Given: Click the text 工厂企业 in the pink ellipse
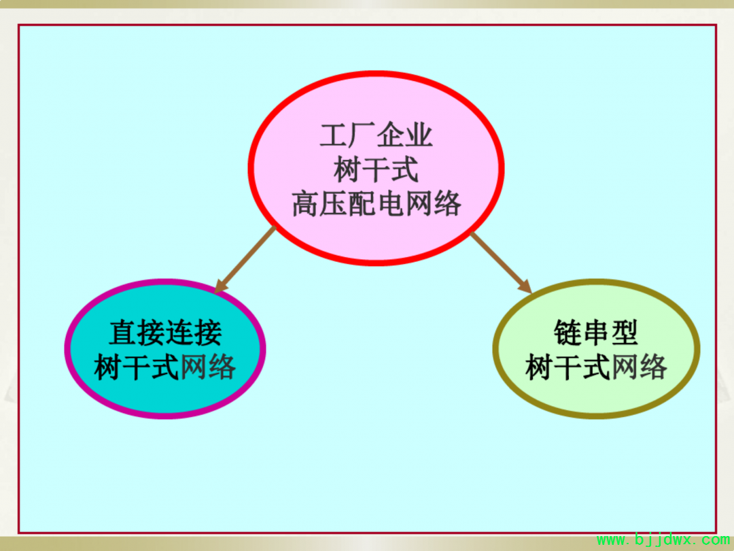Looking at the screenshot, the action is (x=376, y=135).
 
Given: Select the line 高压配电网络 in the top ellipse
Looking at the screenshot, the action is (x=377, y=204).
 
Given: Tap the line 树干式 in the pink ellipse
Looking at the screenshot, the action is (x=376, y=169).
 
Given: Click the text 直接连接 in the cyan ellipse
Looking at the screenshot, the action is (x=166, y=333).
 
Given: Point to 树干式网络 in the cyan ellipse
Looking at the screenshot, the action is (x=165, y=367).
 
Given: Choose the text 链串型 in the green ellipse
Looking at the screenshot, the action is (x=596, y=333).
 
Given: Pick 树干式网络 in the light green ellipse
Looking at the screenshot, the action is (x=596, y=367).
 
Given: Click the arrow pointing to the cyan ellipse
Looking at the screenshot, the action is (x=245, y=260).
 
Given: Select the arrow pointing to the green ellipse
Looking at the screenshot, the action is (x=501, y=263).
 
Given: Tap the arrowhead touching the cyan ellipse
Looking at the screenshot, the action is (x=220, y=287).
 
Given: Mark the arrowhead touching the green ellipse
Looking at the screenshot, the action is (x=525, y=287).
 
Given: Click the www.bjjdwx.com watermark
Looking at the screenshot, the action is (x=663, y=540).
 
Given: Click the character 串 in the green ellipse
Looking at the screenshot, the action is (x=596, y=333).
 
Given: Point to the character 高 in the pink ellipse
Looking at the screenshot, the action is (x=306, y=204).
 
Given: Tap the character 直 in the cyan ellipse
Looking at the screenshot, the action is (x=123, y=333).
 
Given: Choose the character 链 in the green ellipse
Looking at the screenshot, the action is (x=567, y=333).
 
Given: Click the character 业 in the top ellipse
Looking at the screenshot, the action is (x=419, y=135).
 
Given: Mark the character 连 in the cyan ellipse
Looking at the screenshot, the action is (x=179, y=333).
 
